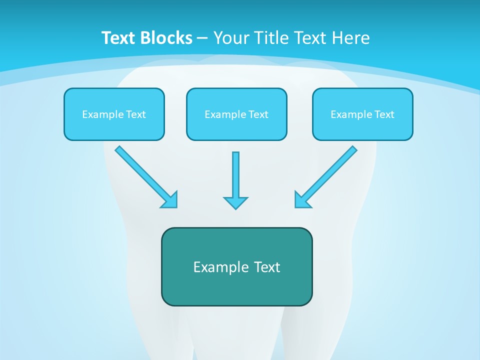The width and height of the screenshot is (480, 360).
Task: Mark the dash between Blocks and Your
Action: coord(202,38)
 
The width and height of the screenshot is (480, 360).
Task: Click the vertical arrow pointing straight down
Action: coord(235,177)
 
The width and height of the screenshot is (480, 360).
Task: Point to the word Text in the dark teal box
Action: coord(267,267)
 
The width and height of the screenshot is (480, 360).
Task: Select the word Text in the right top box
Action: coord(384,114)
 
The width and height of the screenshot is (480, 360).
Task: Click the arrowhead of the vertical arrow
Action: coord(235,202)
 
